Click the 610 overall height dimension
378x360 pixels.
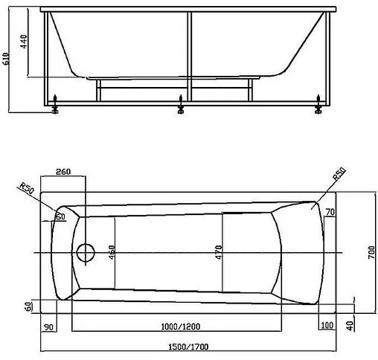[7, 62]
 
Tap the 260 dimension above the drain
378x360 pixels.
[63, 173]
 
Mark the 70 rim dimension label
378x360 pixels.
[330, 213]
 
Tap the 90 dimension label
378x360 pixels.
[48, 327]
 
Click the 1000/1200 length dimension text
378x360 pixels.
[176, 327]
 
